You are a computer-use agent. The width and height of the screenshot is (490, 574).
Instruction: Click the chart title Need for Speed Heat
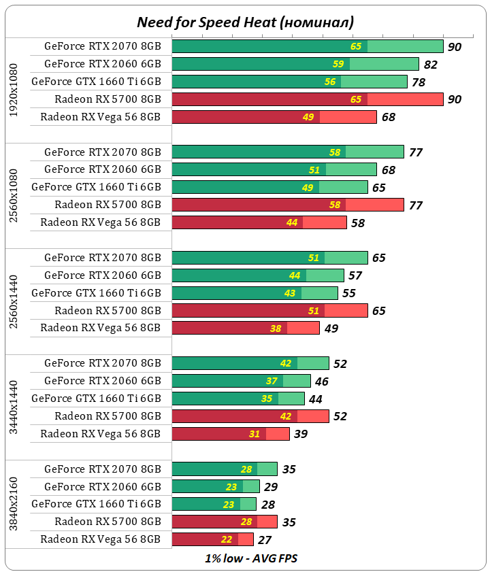pyautogui.click(x=245, y=22)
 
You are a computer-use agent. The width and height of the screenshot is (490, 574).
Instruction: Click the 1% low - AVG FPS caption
pyautogui.click(x=251, y=558)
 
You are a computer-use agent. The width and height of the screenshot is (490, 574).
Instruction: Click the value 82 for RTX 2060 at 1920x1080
pyautogui.click(x=430, y=65)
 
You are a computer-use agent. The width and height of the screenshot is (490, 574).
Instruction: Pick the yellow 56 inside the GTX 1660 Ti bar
pyautogui.click(x=330, y=82)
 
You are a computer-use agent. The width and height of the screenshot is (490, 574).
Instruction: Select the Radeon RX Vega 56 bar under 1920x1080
pyautogui.click(x=274, y=117)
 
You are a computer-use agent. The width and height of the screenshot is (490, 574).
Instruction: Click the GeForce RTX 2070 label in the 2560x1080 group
pyautogui.click(x=102, y=152)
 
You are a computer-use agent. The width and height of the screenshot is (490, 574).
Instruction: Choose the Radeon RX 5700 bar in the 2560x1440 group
pyautogui.click(x=269, y=311)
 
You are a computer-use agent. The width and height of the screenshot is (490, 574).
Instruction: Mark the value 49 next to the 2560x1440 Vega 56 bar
pyautogui.click(x=331, y=328)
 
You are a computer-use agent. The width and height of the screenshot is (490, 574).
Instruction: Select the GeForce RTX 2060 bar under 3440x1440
pyautogui.click(x=241, y=381)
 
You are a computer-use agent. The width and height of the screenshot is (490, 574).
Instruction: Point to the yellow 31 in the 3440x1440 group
pyautogui.click(x=255, y=434)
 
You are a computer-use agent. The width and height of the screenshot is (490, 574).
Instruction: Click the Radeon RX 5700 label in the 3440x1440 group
pyautogui.click(x=108, y=416)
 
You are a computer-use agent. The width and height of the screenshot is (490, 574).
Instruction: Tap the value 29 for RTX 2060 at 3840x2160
pyautogui.click(x=271, y=487)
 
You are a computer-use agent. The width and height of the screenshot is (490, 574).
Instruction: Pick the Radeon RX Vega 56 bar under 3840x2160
pyautogui.click(x=212, y=539)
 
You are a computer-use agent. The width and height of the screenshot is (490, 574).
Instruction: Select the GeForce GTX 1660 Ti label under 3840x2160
pyautogui.click(x=96, y=504)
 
